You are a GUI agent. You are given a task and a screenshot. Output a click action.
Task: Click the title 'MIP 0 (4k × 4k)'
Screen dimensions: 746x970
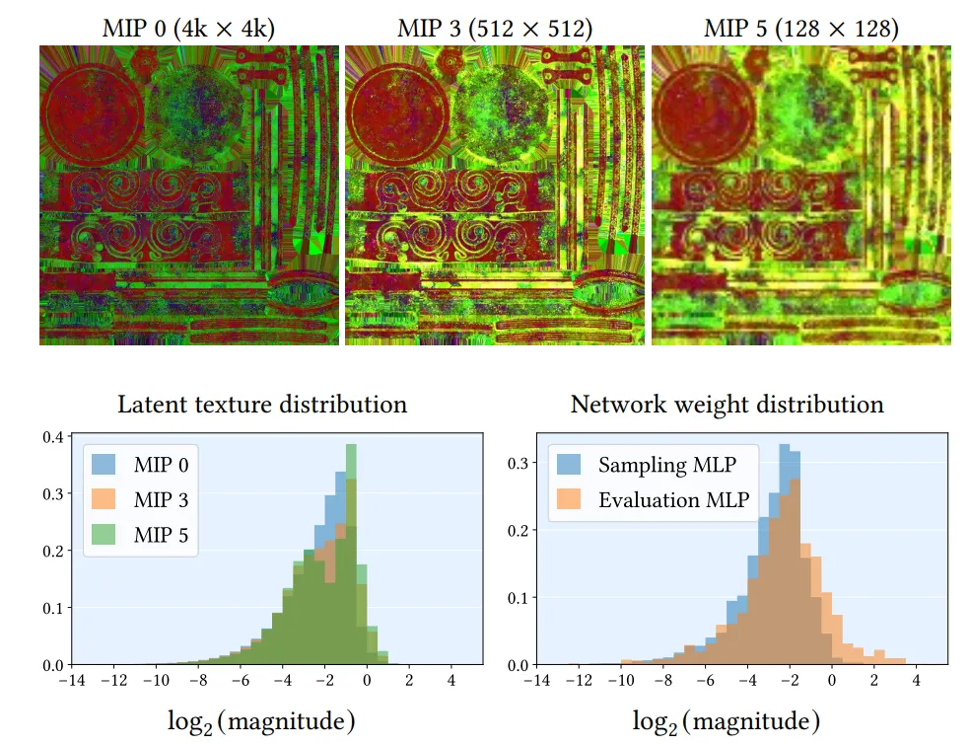coord(188,29)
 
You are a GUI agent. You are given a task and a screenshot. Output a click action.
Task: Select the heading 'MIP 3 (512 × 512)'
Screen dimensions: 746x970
coord(495,29)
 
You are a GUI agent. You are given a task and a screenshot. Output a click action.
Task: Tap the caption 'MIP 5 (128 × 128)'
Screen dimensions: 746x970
coord(800,29)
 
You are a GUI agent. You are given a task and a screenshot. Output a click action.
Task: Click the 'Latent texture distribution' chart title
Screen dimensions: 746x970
coord(262,405)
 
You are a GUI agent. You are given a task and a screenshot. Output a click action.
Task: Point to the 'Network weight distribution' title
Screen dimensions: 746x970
coord(727,405)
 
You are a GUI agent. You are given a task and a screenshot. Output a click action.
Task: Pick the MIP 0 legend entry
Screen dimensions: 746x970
coord(137,463)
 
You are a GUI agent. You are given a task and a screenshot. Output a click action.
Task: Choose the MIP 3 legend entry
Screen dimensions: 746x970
coord(137,499)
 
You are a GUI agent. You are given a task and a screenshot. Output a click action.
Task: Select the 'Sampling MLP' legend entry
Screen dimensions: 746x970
coord(652,463)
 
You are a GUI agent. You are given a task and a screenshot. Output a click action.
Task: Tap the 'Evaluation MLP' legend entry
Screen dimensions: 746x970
coord(652,499)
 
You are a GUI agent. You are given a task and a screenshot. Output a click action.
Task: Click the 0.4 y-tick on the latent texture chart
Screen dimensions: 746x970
coord(56,437)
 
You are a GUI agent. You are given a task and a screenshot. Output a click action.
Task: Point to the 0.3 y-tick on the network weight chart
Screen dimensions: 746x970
coord(520,462)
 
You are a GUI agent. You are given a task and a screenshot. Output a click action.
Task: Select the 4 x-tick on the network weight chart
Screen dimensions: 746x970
coord(917,681)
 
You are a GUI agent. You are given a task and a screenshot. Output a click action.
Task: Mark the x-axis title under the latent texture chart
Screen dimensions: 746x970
coord(262,722)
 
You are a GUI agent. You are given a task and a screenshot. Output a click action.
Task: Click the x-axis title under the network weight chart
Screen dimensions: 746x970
coord(727,722)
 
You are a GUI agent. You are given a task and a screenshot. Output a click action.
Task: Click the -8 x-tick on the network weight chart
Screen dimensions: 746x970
coord(663,681)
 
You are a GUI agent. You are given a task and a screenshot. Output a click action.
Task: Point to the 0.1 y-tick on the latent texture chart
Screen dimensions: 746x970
coord(56,608)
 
